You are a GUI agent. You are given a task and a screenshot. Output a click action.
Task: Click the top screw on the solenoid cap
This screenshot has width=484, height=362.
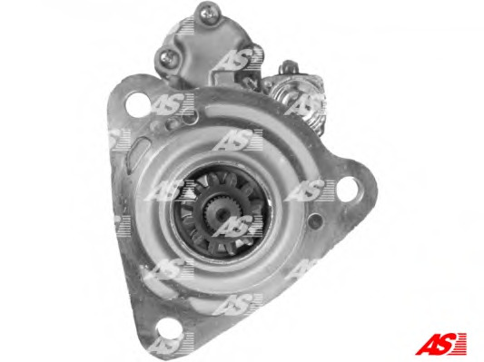coord(210,15)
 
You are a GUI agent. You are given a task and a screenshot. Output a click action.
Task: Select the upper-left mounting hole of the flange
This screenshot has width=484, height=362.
coord(137,104)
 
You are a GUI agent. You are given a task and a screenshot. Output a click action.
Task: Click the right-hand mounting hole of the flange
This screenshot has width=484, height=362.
coord(349,190)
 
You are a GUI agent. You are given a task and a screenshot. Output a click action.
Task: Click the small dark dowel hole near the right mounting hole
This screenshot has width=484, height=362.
coord(315,220)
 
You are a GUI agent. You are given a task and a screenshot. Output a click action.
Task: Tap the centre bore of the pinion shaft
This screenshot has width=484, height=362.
coord(222,213)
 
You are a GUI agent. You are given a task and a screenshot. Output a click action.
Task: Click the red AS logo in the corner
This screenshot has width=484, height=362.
coord(440,344)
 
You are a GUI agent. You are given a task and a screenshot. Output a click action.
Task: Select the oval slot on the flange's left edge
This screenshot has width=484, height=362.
coord(138,154)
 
